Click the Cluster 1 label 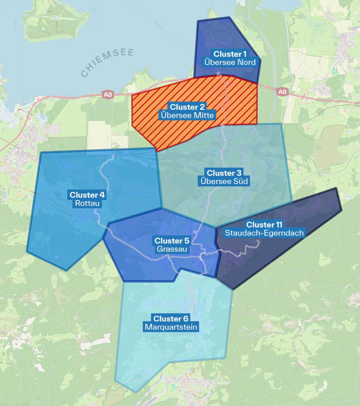click(230, 54)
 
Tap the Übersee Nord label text click(230, 62)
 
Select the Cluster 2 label click(187, 107)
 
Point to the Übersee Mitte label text click(187, 115)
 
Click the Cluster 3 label click(224, 173)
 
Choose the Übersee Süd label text click(224, 182)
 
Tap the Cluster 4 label click(87, 195)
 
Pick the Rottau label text click(87, 203)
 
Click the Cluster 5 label click(172, 241)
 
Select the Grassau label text click(172, 249)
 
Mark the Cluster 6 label click(171, 319)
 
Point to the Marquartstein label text click(171, 327)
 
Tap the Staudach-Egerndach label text click(264, 233)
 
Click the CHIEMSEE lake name click(107, 63)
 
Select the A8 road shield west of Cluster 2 click(107, 94)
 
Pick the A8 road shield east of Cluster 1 click(282, 92)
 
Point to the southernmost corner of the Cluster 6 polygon click(136, 392)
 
